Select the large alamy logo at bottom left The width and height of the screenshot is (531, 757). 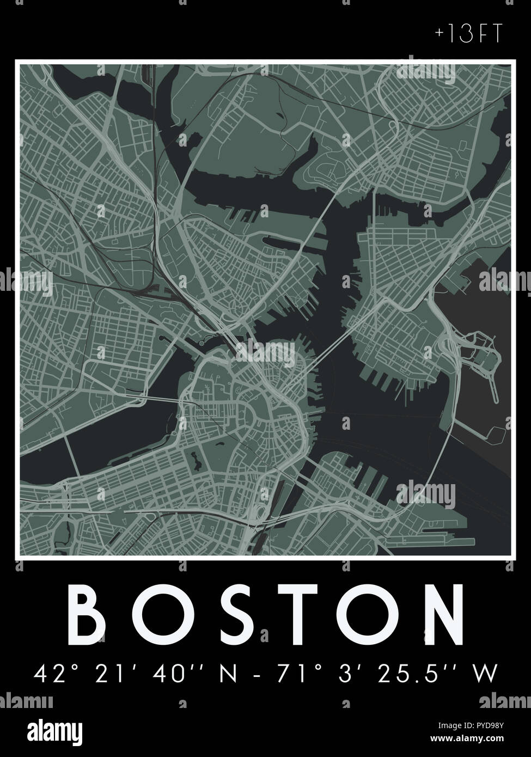(x=50, y=730)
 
